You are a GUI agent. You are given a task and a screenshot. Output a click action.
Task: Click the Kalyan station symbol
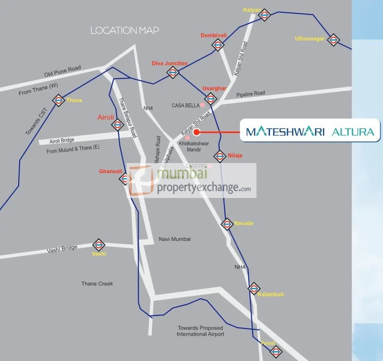(x=265, y=15)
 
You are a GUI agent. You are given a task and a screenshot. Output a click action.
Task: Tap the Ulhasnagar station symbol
(x=333, y=40)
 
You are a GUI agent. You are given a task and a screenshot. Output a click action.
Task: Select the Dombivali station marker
(x=218, y=45)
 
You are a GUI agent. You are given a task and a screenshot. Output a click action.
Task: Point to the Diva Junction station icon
(x=173, y=73)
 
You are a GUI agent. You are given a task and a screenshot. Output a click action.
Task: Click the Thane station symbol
(x=59, y=100)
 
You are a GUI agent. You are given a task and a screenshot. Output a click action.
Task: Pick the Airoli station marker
(x=117, y=125)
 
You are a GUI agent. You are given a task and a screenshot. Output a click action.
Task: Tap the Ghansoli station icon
(x=125, y=179)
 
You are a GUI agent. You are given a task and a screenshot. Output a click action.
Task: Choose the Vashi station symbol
(x=99, y=245)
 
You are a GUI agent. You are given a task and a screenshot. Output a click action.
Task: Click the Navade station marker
(x=227, y=223)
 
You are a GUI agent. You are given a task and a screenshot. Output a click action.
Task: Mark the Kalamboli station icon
(x=254, y=288)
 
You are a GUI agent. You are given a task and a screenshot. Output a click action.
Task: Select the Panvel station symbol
(x=276, y=352)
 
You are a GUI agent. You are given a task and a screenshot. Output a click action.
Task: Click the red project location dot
(x=196, y=132)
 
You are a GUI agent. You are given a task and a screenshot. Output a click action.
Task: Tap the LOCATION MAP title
(x=125, y=31)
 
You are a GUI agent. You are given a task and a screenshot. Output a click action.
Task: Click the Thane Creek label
(x=97, y=284)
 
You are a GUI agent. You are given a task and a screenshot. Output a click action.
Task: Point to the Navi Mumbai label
(x=174, y=239)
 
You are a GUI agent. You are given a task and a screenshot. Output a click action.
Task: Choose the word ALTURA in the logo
(x=352, y=131)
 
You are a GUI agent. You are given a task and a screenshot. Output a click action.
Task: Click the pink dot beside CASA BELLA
(x=202, y=104)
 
